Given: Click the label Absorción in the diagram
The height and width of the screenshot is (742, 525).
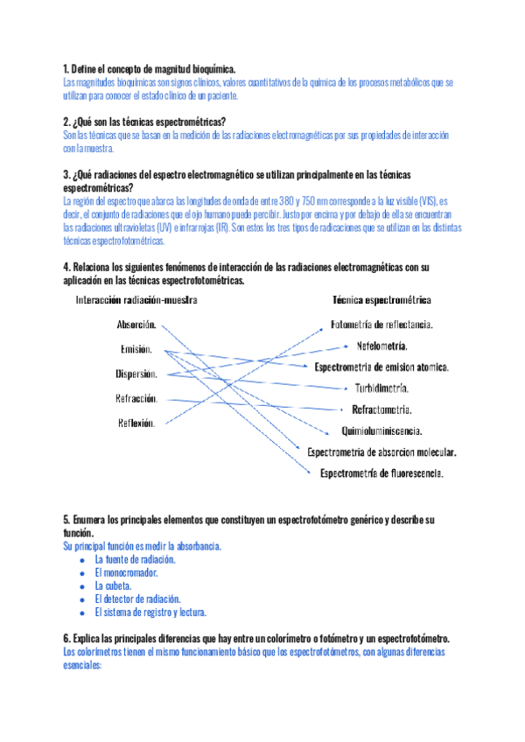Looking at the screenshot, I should pos(136,325).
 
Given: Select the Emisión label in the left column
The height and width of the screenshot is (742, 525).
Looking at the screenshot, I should pos(136,349).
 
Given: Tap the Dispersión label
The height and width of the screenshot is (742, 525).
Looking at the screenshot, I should pos(136,374).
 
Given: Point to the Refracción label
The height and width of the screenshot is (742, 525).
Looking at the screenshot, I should pos(136,398).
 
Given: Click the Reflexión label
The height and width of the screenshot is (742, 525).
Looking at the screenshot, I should pos(136,423).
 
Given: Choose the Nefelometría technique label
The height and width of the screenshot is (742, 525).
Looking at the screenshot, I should pos(381,346).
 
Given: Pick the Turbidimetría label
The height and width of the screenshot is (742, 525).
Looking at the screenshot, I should pos(381,388).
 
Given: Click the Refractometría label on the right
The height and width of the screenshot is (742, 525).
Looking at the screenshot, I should pos(381,409).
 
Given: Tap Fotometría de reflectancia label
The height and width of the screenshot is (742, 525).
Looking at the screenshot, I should pos(382,325).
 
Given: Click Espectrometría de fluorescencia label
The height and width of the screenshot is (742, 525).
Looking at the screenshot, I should pos(381,473).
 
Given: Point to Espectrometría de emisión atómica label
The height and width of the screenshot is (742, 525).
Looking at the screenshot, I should pos(381,367).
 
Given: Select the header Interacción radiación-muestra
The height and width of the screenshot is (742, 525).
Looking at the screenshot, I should pos(136,299).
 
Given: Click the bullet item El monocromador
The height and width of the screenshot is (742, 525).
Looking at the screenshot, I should pos(126,572).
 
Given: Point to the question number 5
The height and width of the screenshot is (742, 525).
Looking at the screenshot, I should pos(66,520).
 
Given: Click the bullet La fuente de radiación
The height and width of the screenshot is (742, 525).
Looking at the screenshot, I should pos(136,559).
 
